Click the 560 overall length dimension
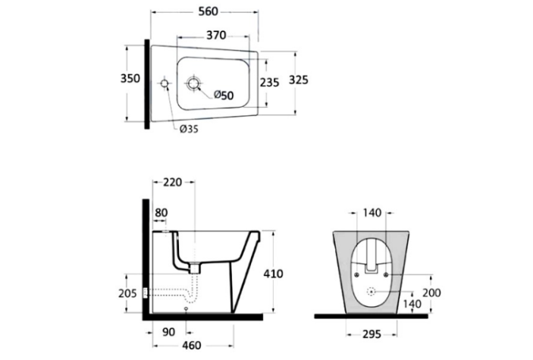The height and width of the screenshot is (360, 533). (x=208, y=11)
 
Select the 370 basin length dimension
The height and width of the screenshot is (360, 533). (x=216, y=35)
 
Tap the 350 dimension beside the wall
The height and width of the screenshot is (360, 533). (x=130, y=79)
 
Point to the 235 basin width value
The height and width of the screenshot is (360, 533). (x=270, y=83)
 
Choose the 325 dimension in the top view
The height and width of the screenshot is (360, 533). (x=299, y=80)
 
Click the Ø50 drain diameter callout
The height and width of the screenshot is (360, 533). (x=224, y=95)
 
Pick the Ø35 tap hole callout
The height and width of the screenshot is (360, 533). (x=189, y=129)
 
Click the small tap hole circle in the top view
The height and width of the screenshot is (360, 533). (x=165, y=83)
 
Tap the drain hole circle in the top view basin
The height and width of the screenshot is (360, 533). (x=193, y=83)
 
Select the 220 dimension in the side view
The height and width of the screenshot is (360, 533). (x=173, y=182)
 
